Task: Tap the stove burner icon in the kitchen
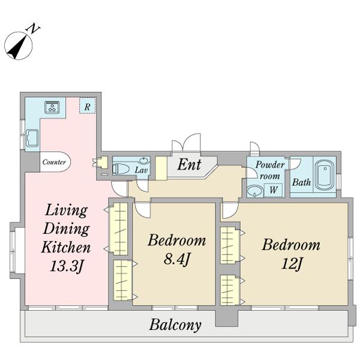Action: point(52,107)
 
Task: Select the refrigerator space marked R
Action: point(87,106)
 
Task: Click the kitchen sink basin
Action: point(32,138)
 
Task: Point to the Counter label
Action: point(54,162)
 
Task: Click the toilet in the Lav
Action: point(121,169)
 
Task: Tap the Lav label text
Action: point(141,170)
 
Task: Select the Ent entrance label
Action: point(190,164)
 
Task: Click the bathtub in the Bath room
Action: point(325,175)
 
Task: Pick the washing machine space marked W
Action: point(273,190)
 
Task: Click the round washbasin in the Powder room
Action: point(256,191)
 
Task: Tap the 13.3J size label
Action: point(66,266)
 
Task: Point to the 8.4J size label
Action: point(176,260)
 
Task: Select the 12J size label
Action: point(291,263)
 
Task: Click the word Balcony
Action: point(175,325)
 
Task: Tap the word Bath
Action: point(301,182)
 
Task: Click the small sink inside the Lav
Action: point(145,161)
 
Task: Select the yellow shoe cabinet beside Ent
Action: point(161,168)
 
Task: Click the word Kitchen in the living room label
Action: point(65,247)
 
